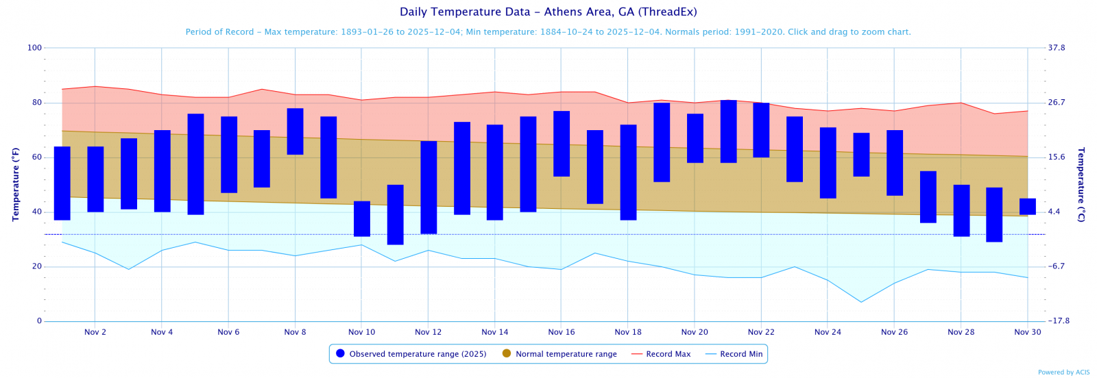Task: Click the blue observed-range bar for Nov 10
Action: tap(362, 218)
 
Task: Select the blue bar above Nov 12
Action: tap(429, 187)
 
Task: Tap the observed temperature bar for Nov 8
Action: tap(296, 131)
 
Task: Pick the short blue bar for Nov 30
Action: tap(1028, 206)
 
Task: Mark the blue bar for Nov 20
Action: tap(695, 138)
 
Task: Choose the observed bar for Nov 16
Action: tap(562, 144)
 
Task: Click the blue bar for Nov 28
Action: tap(961, 210)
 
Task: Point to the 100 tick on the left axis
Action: tap(34, 48)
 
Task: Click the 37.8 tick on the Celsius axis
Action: tap(1057, 48)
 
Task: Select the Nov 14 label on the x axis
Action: tap(495, 332)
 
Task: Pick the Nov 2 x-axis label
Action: tap(95, 332)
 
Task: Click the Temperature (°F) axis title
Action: tap(16, 184)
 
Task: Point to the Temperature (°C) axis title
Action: tap(1081, 184)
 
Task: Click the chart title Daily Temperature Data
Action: tap(548, 12)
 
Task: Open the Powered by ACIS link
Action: tap(1063, 373)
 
